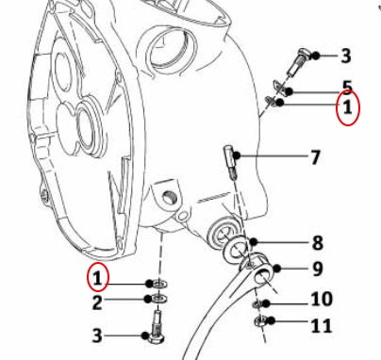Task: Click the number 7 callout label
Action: [315, 157]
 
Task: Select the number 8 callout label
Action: [318, 243]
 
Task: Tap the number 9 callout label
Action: [318, 269]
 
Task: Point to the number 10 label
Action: [322, 299]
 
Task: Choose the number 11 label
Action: [322, 326]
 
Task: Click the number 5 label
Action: [347, 88]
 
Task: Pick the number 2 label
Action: [97, 303]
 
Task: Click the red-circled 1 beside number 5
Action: [347, 107]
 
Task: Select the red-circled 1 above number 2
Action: [98, 278]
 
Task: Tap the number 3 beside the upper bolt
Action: [346, 56]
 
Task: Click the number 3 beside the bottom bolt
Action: [97, 335]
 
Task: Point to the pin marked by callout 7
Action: [230, 162]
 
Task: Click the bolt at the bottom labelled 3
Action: [157, 327]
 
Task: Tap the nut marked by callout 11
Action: [259, 321]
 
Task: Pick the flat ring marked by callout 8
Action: [236, 249]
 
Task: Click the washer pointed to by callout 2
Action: [159, 298]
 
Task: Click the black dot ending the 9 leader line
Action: [276, 269]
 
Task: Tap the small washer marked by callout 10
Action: [257, 303]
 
